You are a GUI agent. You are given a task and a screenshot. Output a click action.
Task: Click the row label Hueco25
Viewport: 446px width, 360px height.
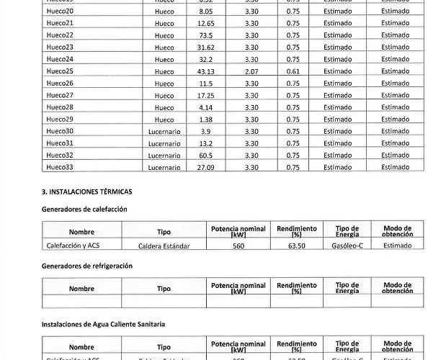click(x=60, y=71)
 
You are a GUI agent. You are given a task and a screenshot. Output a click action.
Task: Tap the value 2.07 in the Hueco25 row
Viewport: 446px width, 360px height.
click(x=251, y=71)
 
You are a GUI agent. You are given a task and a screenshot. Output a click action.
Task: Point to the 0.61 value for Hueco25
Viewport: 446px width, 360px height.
click(x=293, y=71)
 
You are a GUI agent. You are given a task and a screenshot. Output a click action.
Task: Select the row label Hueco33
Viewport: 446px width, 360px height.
click(x=60, y=167)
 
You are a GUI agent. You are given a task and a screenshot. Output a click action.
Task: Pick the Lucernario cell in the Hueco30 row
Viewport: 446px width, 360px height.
click(x=164, y=132)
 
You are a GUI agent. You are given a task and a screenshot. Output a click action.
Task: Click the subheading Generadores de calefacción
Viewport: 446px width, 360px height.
click(x=84, y=209)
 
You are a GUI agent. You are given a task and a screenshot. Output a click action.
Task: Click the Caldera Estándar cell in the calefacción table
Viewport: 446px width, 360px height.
click(x=164, y=246)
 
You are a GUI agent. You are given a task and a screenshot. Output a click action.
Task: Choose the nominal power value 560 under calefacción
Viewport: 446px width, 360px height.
click(x=238, y=246)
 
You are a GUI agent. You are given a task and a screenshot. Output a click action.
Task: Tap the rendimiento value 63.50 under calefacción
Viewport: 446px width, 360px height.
click(x=296, y=246)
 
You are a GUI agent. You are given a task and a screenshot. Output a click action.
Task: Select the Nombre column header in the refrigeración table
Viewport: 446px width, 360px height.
click(x=81, y=289)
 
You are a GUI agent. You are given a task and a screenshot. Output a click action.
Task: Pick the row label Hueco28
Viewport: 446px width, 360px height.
click(x=60, y=107)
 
